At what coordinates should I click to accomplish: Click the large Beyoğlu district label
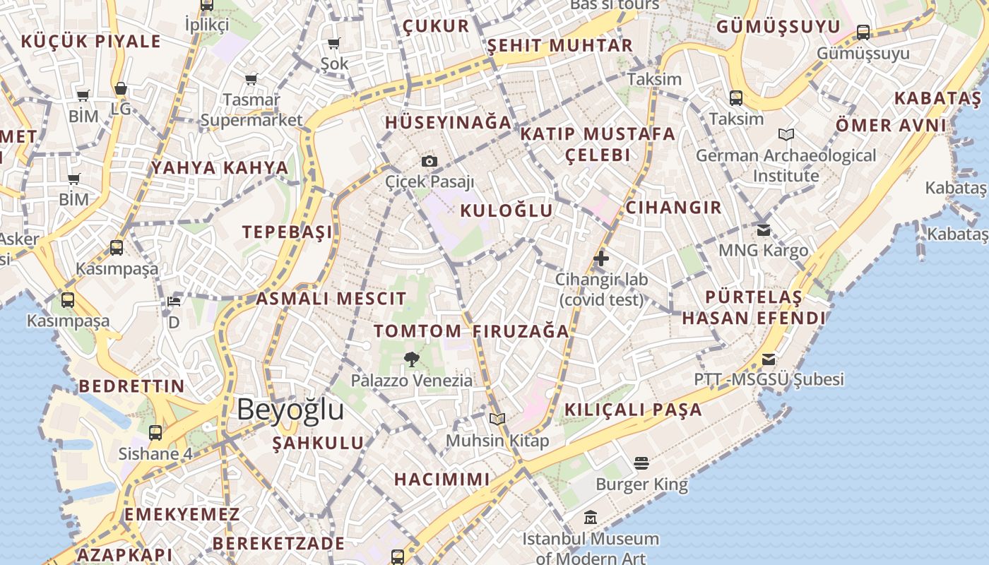tap(290, 410)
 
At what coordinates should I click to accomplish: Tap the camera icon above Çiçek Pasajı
tap(429, 161)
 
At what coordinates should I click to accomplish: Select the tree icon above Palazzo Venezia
tap(411, 359)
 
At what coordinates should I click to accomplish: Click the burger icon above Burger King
tap(641, 463)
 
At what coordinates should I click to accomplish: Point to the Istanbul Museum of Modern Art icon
tap(591, 518)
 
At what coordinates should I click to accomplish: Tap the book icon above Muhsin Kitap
tap(497, 419)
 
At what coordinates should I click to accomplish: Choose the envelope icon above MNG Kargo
tap(763, 230)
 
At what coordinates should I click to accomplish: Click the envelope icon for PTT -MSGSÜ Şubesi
tap(769, 359)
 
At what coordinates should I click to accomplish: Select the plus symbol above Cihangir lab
tap(601, 258)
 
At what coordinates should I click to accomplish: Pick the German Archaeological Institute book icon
tap(786, 134)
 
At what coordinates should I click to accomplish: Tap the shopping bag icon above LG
tap(121, 89)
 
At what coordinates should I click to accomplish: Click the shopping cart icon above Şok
tap(334, 44)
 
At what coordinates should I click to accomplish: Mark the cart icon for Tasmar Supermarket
tap(251, 79)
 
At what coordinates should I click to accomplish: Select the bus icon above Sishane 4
tap(155, 432)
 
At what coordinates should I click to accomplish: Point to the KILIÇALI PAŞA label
tap(633, 410)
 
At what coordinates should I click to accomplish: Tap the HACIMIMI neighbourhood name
tap(442, 479)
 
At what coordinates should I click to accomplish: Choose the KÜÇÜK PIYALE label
tap(91, 41)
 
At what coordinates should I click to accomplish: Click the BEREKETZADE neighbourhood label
tap(278, 543)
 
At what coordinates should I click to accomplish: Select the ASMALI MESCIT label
tap(331, 298)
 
